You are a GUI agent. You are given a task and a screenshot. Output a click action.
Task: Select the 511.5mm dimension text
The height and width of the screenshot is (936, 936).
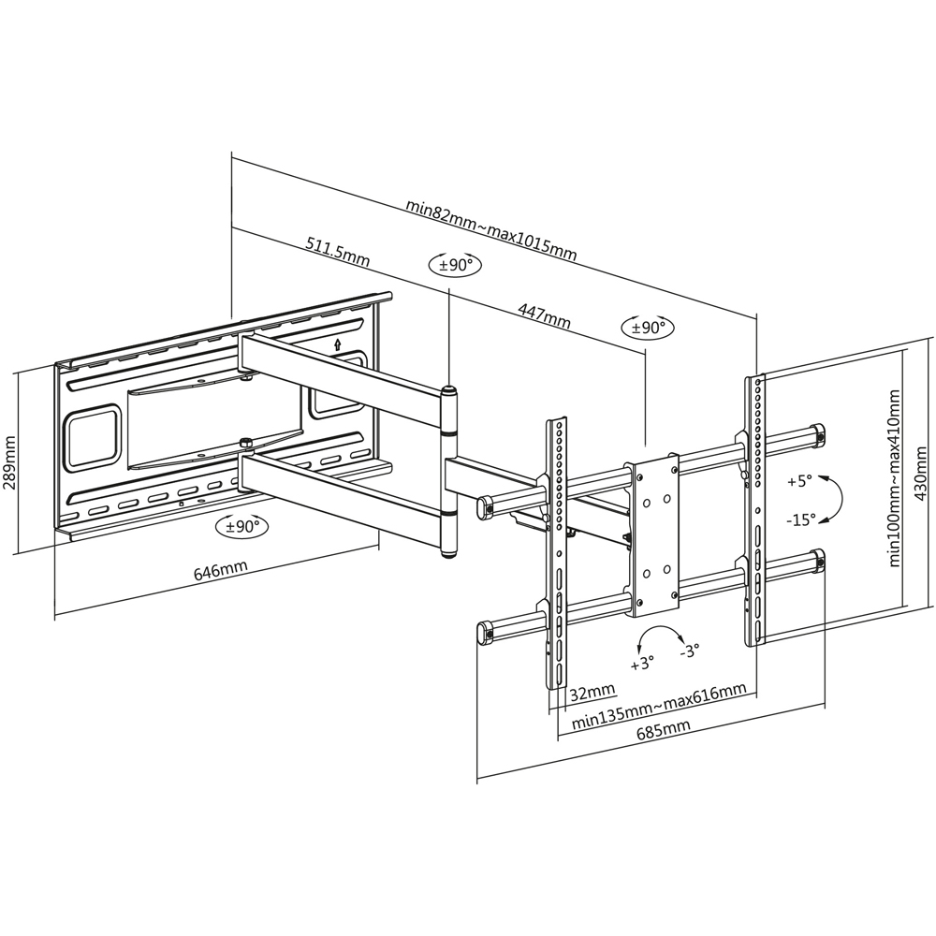pos(337,251)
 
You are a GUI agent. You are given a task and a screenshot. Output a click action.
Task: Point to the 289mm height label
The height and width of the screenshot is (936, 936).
pos(10,456)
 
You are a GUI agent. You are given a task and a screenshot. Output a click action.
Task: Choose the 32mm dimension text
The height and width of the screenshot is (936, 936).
pos(592,692)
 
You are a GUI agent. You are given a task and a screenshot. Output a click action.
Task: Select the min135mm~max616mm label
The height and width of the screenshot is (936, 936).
pos(659,707)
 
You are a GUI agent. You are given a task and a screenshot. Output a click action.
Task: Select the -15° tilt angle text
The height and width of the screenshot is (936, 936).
pos(800,517)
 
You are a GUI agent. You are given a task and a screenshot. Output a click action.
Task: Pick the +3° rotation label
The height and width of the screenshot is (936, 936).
pos(643,665)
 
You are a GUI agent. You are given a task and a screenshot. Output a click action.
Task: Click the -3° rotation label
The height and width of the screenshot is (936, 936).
pos(690,651)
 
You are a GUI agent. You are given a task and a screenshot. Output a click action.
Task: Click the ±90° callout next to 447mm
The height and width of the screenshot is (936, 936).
pos(647,328)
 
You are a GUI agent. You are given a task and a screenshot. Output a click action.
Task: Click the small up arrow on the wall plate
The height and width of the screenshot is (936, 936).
pos(337,344)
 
